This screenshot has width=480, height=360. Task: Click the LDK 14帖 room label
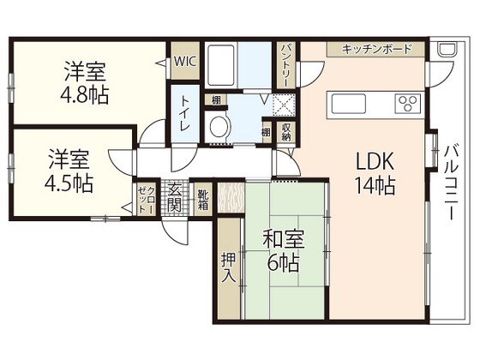tap(375, 172)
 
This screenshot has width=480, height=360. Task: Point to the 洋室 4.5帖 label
tap(69, 171)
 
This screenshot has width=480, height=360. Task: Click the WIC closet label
tap(184, 62)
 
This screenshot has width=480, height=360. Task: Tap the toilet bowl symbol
tap(219, 128)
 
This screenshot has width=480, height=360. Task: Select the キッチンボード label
tap(376, 49)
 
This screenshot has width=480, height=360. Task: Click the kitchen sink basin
tap(349, 105)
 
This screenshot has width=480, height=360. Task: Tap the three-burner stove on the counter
tap(405, 105)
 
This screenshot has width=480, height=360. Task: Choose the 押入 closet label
tap(228, 269)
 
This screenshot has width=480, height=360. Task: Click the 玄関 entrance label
tap(174, 198)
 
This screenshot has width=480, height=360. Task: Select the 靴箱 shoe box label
tap(202, 200)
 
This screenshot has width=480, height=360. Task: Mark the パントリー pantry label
tap(286, 63)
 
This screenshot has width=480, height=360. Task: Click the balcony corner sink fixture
tap(447, 50)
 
